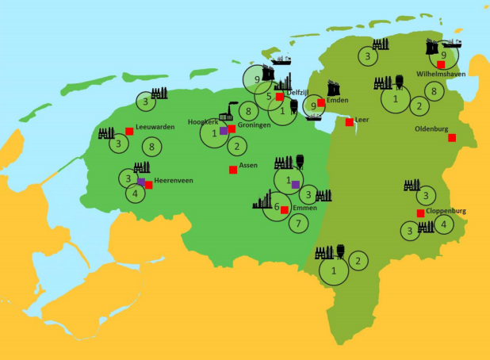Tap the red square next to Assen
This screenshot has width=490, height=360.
tap(232, 170)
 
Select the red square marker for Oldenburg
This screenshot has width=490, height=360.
tap(452, 138)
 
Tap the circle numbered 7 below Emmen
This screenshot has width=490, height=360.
tap(297, 224)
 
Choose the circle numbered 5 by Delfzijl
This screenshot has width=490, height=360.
tap(269, 97)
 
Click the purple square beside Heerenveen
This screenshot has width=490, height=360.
tap(141, 182)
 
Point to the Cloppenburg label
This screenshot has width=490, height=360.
tap(446, 212)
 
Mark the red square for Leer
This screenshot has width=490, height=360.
tap(349, 122)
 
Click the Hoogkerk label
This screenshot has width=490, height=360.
tap(202, 122)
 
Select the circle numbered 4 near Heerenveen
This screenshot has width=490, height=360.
tap(136, 193)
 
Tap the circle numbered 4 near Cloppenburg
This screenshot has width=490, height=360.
tap(443, 224)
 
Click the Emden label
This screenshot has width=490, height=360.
tap(337, 100)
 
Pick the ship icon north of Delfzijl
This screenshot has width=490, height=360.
tap(281, 59)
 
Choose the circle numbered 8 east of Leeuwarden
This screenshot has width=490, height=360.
tap(151, 147)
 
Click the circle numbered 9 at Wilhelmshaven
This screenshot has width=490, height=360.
tap(443, 55)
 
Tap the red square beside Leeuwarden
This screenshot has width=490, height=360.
tap(129, 132)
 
